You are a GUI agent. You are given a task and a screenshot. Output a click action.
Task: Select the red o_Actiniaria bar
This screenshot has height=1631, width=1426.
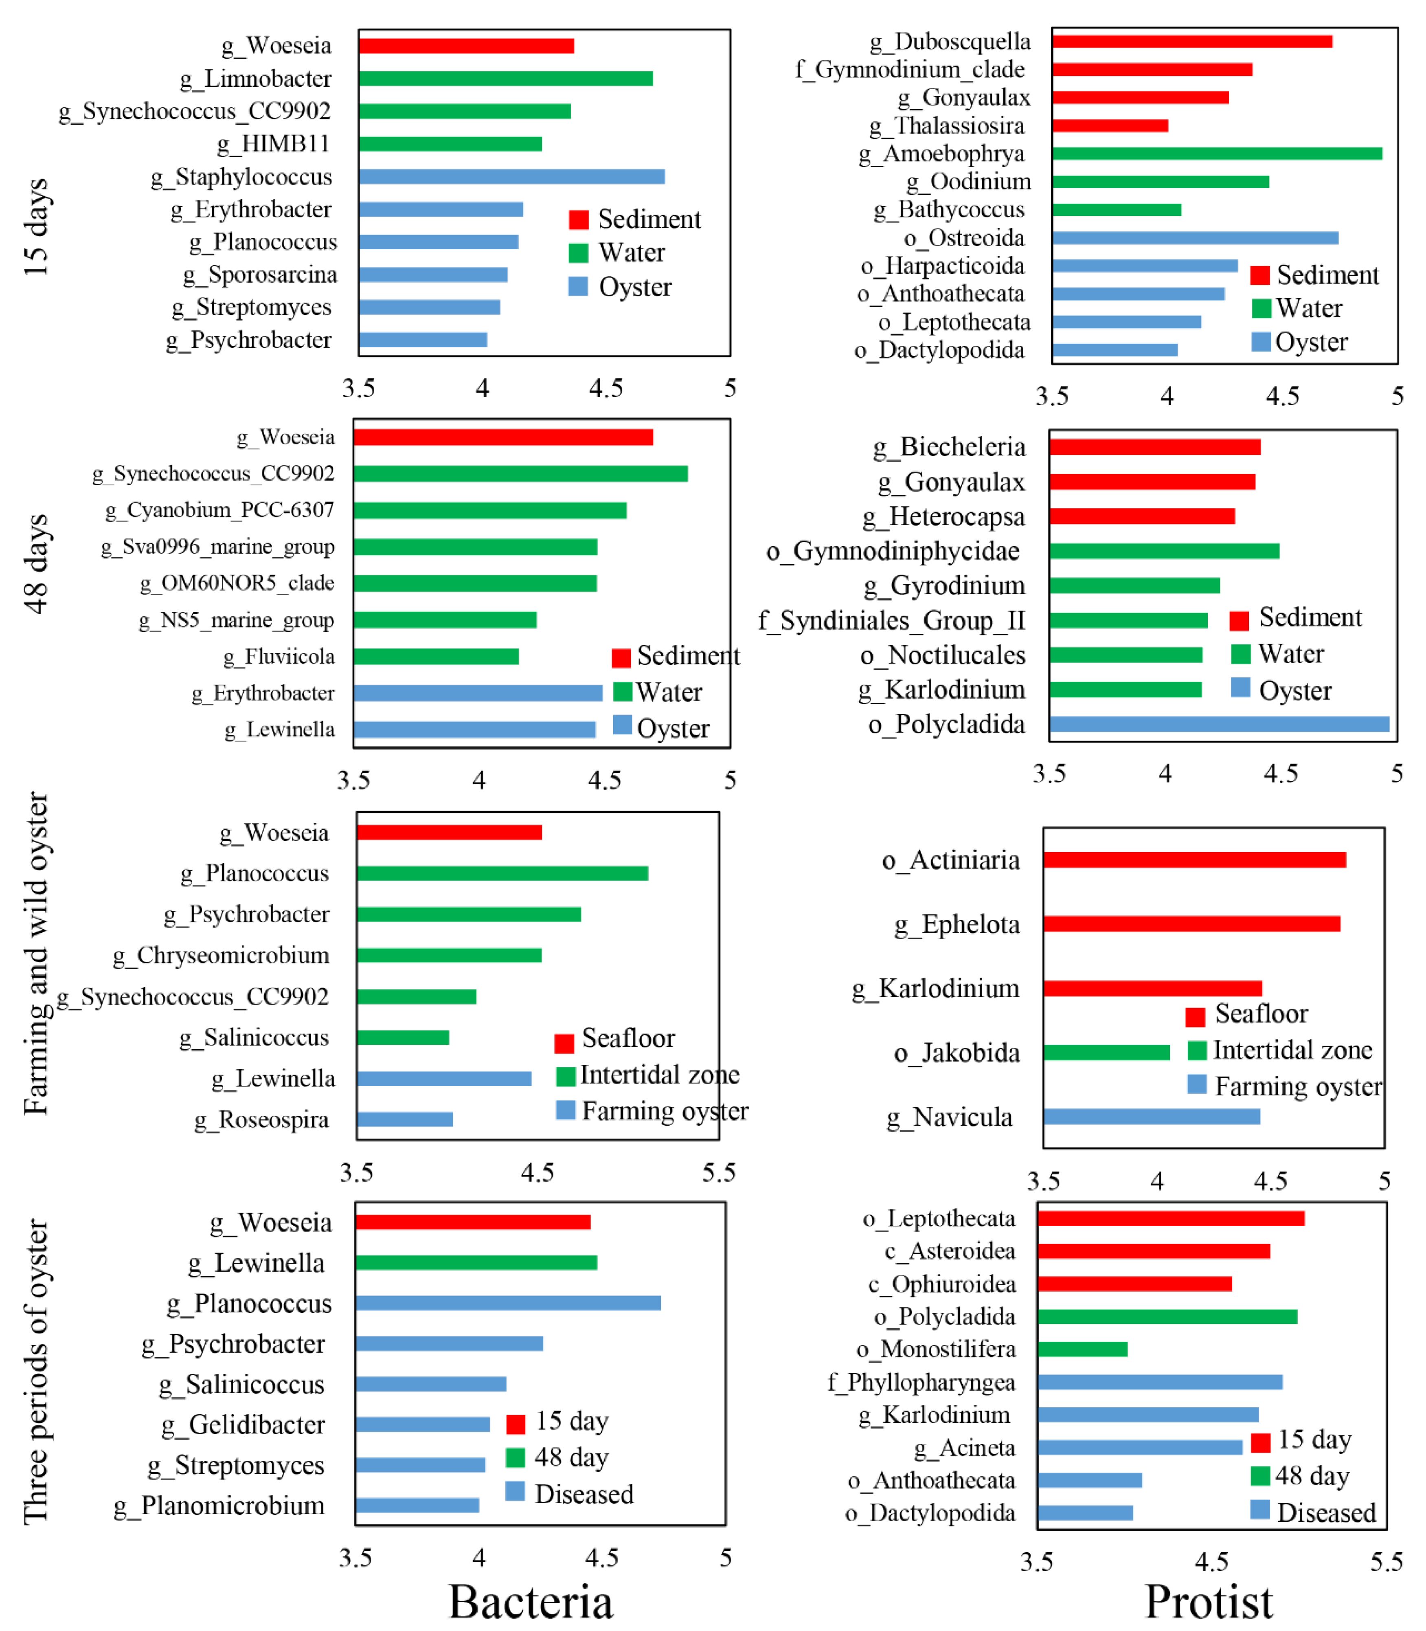click(x=1193, y=859)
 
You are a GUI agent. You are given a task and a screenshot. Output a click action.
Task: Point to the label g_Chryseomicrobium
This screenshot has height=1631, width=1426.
click(x=220, y=955)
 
